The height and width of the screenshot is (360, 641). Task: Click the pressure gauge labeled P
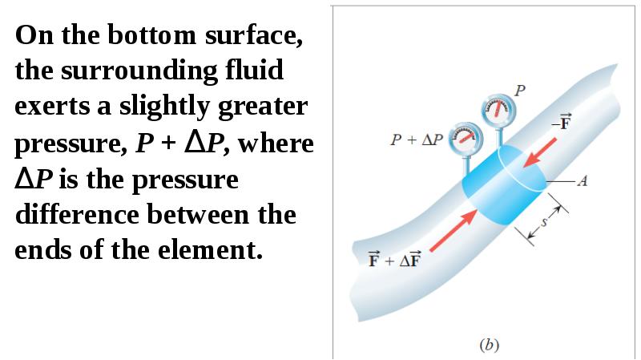point(498,110)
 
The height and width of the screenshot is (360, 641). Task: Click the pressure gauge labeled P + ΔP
point(466,138)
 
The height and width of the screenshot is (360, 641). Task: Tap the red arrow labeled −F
point(539,152)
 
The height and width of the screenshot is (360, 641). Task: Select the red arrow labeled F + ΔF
point(454,231)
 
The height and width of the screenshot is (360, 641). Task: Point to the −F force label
point(562,122)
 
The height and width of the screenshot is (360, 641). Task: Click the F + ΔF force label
point(394,259)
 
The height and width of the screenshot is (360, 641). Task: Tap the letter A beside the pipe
point(583,180)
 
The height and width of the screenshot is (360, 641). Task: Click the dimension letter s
point(544,222)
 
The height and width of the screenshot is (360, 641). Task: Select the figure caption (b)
point(490,345)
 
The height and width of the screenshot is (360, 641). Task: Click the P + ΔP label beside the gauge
point(417,140)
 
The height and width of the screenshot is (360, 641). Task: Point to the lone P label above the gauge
point(519,90)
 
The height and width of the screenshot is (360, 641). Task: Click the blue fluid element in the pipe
point(504,185)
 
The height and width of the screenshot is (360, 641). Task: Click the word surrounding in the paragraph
point(139,71)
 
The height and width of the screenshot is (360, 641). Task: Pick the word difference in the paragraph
point(77,214)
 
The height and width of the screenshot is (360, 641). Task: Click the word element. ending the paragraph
point(210,250)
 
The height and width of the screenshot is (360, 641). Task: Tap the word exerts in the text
point(51,107)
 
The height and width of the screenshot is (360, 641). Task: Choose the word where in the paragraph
point(276,143)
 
